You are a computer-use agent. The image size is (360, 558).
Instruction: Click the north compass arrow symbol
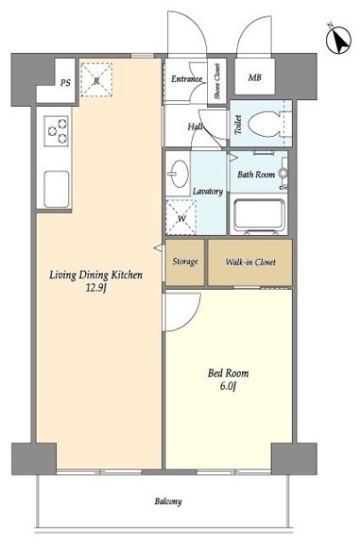(x=339, y=41)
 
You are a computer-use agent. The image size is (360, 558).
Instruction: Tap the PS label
(x=65, y=83)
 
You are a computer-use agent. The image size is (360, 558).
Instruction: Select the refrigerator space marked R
(x=96, y=80)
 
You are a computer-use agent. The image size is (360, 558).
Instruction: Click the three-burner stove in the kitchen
(x=57, y=130)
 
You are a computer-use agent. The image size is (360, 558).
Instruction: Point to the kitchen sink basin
(x=57, y=189)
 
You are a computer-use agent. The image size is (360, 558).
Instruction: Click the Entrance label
(x=186, y=79)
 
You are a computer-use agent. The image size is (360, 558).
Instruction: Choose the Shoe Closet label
(x=217, y=81)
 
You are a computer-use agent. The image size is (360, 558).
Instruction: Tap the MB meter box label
(x=254, y=77)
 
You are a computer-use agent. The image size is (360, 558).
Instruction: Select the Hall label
(x=196, y=127)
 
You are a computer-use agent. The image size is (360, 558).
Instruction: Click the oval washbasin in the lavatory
(x=180, y=174)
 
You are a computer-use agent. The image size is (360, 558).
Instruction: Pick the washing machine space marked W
(x=181, y=217)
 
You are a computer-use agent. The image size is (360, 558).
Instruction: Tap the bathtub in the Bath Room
(x=259, y=215)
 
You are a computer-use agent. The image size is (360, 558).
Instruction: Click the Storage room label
(x=185, y=262)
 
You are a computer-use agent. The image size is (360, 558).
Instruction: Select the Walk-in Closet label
(x=250, y=262)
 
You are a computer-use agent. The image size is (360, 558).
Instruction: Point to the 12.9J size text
(x=96, y=288)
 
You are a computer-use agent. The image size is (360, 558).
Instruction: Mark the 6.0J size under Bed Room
(x=229, y=386)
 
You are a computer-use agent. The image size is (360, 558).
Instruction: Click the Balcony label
(x=168, y=501)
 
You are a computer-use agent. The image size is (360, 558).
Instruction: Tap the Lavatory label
(x=208, y=192)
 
